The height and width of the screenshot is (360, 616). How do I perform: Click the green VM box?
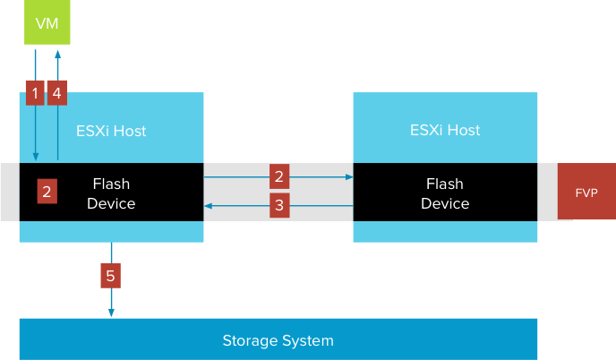coord(47,23)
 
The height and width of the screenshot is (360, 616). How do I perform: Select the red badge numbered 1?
coord(35,92)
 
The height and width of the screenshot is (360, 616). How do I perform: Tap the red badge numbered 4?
coord(57,92)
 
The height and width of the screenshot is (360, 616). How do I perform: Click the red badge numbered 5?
coord(110,276)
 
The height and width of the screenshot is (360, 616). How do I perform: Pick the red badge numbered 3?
coord(279,205)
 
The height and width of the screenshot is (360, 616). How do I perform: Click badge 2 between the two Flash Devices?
coord(279,176)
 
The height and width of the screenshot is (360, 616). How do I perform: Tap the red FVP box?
coord(586,192)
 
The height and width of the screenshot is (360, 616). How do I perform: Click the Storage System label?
coord(278,340)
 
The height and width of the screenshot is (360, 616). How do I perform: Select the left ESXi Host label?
coord(112,131)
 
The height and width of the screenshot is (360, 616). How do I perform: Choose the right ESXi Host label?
coord(445,131)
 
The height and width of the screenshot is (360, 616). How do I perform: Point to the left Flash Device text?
coord(112,193)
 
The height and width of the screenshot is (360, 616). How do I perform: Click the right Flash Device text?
coord(445,193)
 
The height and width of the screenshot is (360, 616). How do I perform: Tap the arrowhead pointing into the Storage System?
coord(111,313)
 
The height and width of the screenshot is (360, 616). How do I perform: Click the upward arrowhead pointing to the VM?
coord(58,54)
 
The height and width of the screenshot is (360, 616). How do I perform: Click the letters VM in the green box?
coord(47,23)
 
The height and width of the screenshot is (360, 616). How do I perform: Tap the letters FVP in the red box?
coord(586,192)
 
